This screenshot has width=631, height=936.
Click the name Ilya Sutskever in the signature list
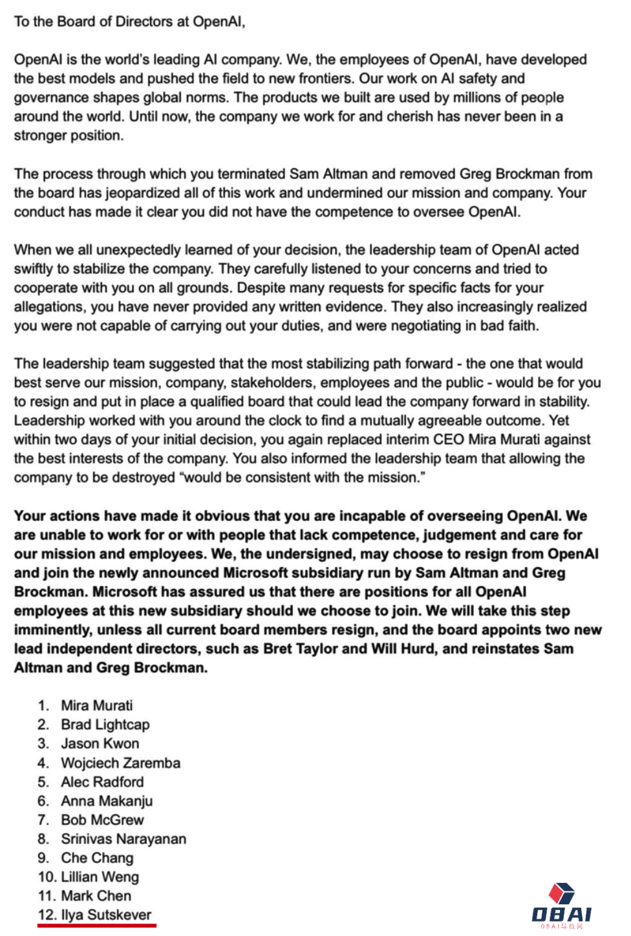tap(106, 915)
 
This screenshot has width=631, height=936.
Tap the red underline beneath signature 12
tap(97, 926)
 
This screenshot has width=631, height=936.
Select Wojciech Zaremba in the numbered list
tap(120, 763)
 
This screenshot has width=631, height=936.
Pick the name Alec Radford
tap(102, 782)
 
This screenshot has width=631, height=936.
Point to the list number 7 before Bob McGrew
tap(43, 820)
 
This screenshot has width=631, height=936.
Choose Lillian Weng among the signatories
tap(100, 877)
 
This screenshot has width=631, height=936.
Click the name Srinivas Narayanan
tap(123, 838)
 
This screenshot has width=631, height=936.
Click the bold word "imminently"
tap(50, 630)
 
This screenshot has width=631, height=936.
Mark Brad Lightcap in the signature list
tap(105, 725)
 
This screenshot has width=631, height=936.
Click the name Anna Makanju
tap(107, 801)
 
